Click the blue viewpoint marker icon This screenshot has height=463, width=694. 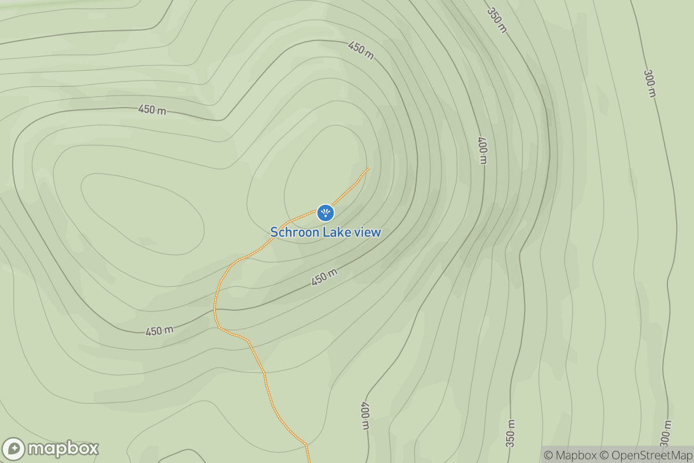pos(325,212)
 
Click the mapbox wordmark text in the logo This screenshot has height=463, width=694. pos(63,449)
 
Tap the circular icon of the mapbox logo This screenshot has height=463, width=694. pos(13,449)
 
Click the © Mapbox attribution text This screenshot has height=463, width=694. pos(570,455)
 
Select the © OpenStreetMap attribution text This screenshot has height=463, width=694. pos(645,455)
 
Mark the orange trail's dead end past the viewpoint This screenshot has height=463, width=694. pos(368,168)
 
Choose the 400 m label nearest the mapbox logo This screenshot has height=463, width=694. pos(365,416)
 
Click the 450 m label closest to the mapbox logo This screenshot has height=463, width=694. pos(159,331)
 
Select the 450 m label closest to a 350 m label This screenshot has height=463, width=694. pos(361,49)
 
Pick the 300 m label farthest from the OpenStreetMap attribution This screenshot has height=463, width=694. pos(650,83)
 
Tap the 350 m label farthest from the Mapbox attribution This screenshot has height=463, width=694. pos(496,20)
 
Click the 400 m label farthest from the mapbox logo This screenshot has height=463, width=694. pos(482,150)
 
